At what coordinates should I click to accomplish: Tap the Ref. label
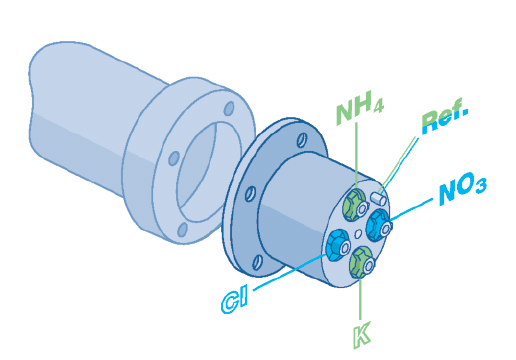(x=444, y=117)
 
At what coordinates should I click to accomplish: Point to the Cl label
(x=235, y=302)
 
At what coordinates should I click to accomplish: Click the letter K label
(x=361, y=335)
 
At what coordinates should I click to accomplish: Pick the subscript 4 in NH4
(x=378, y=108)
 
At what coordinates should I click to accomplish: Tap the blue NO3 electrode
(x=379, y=225)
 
